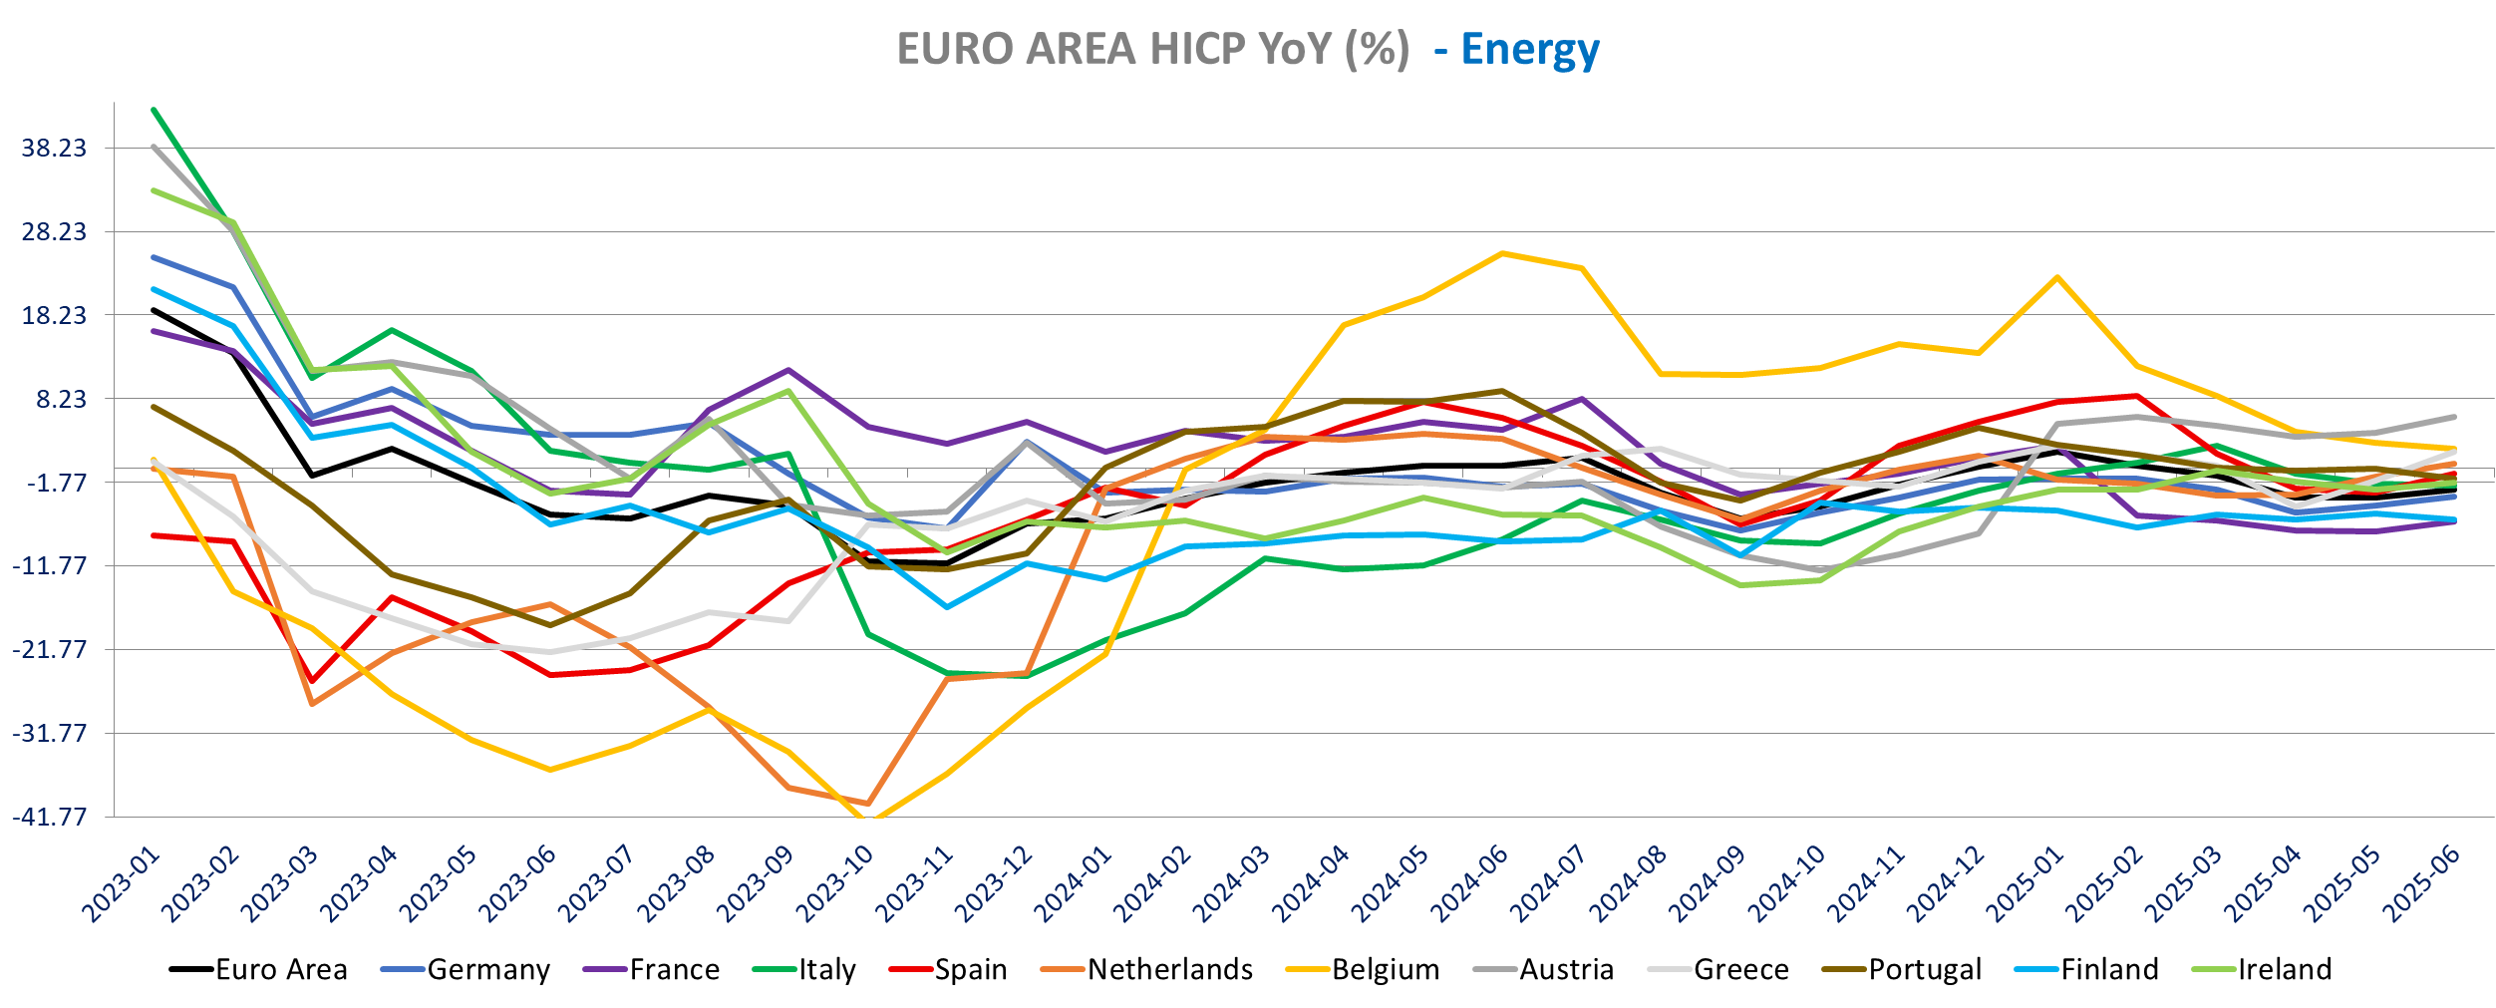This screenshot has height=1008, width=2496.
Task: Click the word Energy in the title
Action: (1530, 49)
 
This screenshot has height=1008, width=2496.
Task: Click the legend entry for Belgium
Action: (1385, 969)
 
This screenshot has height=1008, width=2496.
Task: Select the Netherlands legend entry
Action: (1169, 969)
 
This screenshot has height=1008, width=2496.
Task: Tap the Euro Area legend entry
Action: (281, 969)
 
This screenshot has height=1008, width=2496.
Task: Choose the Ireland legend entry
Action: (2285, 969)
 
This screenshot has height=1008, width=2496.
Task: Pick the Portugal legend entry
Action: (1924, 969)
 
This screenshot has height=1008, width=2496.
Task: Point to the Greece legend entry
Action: (1740, 969)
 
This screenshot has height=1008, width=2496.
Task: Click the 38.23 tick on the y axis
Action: (55, 149)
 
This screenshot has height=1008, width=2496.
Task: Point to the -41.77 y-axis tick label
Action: (50, 817)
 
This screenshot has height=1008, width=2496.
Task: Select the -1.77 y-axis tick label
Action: (55, 483)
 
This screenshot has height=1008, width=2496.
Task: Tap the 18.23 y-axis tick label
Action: (55, 315)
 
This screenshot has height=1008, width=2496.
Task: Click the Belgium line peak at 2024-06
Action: (1502, 253)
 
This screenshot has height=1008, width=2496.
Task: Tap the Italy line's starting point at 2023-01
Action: (154, 109)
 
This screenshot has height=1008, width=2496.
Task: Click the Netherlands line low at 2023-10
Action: (868, 804)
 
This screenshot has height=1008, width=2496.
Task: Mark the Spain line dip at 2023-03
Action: (312, 682)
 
